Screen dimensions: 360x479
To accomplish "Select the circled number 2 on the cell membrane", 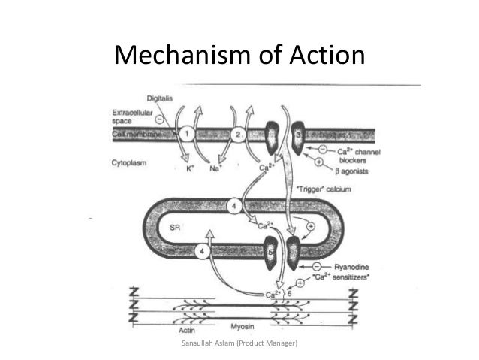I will tap(236, 134).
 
